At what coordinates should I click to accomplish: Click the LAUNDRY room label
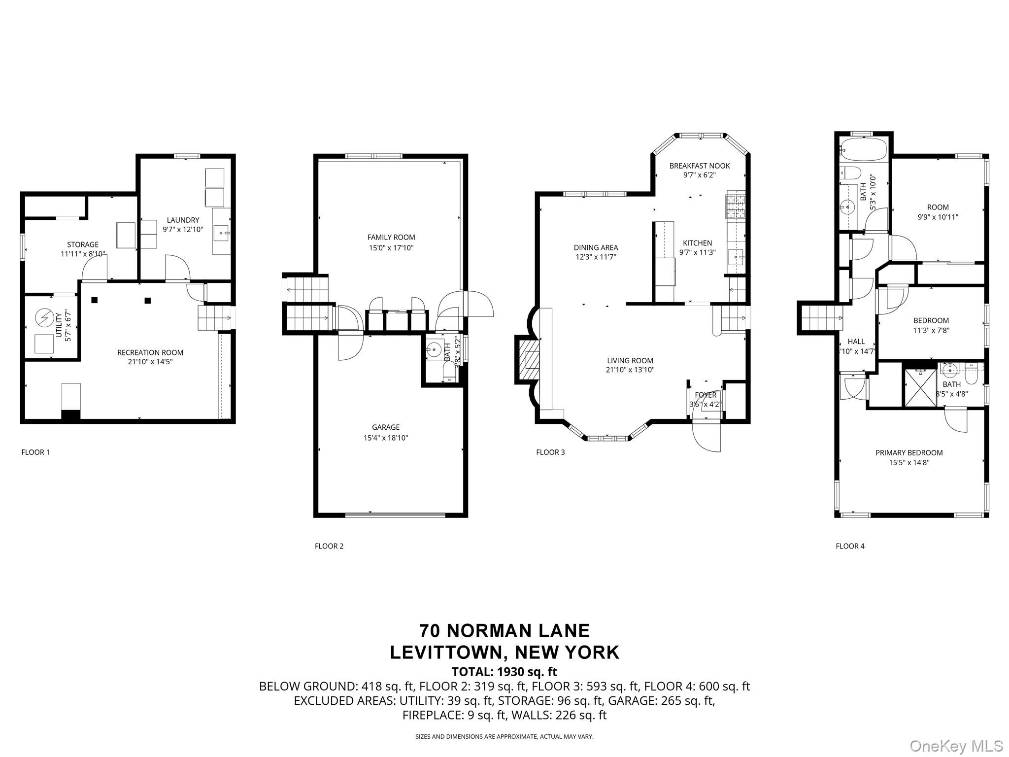pyautogui.click(x=183, y=220)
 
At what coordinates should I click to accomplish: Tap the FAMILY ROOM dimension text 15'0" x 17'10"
pyautogui.click(x=391, y=248)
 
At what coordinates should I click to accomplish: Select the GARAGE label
pyautogui.click(x=386, y=427)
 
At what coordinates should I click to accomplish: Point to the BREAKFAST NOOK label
pyautogui.click(x=699, y=166)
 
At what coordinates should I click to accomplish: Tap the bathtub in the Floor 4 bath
pyautogui.click(x=863, y=149)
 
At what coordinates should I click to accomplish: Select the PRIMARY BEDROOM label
pyautogui.click(x=909, y=452)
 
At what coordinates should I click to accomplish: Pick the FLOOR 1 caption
pyautogui.click(x=35, y=452)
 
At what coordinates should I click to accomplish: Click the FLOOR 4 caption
pyautogui.click(x=850, y=546)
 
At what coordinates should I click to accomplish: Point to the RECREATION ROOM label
pyautogui.click(x=150, y=352)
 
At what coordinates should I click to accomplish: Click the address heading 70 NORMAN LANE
pyautogui.click(x=504, y=631)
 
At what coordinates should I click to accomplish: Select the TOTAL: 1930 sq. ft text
pyautogui.click(x=504, y=672)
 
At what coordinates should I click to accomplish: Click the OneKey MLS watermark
pyautogui.click(x=956, y=746)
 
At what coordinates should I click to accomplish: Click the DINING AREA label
pyautogui.click(x=596, y=247)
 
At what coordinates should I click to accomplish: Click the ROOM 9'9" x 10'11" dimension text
pyautogui.click(x=938, y=217)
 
